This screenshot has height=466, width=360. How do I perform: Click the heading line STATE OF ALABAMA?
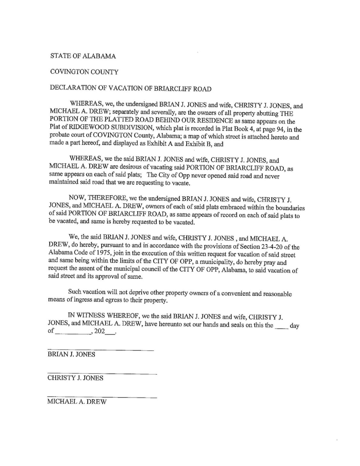[x=82, y=56]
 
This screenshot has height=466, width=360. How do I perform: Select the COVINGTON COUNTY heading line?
[x=84, y=72]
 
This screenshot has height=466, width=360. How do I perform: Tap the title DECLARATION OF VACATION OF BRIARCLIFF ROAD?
[x=130, y=89]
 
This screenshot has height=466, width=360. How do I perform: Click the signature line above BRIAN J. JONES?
[x=101, y=350]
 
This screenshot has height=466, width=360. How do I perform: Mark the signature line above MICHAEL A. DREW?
[x=102, y=397]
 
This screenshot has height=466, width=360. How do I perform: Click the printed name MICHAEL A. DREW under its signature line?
[x=77, y=402]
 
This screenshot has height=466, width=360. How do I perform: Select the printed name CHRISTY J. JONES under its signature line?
[x=75, y=378]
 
